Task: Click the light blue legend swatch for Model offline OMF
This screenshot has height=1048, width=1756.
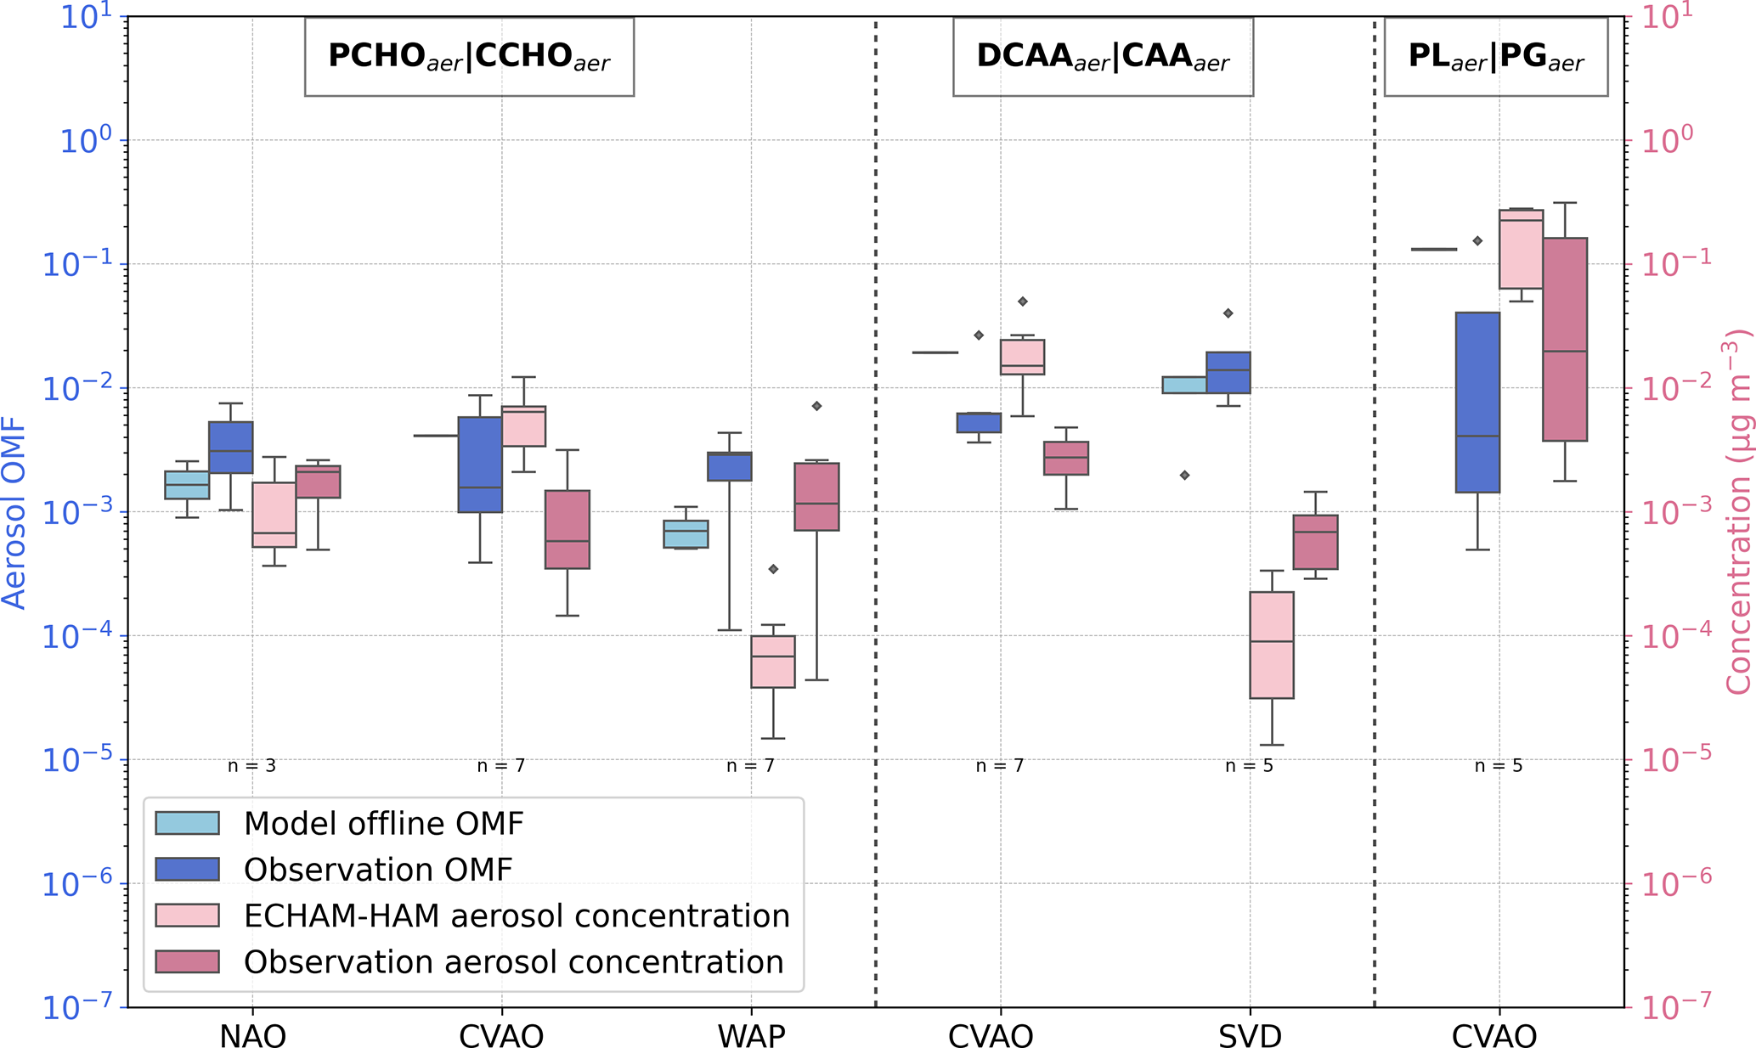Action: pyautogui.click(x=187, y=823)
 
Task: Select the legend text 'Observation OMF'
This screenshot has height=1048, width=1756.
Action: pyautogui.click(x=378, y=870)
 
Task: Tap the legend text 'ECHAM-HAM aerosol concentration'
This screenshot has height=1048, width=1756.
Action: pyautogui.click(x=517, y=916)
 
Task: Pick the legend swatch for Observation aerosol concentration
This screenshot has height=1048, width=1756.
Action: pyautogui.click(x=187, y=961)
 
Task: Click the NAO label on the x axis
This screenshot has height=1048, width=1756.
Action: pyautogui.click(x=252, y=1036)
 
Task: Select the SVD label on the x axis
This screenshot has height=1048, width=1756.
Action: pyautogui.click(x=1250, y=1036)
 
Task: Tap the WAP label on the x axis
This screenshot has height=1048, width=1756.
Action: pyautogui.click(x=751, y=1036)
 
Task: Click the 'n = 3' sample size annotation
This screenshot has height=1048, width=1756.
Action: pyautogui.click(x=251, y=766)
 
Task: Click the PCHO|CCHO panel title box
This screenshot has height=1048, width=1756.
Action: pyautogui.click(x=469, y=56)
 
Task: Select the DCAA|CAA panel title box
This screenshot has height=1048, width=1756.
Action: pyautogui.click(x=1103, y=56)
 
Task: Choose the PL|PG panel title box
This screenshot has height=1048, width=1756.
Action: pyautogui.click(x=1496, y=56)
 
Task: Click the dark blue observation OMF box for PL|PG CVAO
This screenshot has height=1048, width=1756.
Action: pyautogui.click(x=1477, y=402)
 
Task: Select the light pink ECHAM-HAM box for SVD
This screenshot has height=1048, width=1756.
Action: pyautogui.click(x=1272, y=645)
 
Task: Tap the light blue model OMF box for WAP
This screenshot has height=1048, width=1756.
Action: pyautogui.click(x=686, y=534)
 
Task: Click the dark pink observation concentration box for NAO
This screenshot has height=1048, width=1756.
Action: pyautogui.click(x=318, y=482)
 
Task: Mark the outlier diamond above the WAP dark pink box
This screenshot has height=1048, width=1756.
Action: pyautogui.click(x=817, y=406)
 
